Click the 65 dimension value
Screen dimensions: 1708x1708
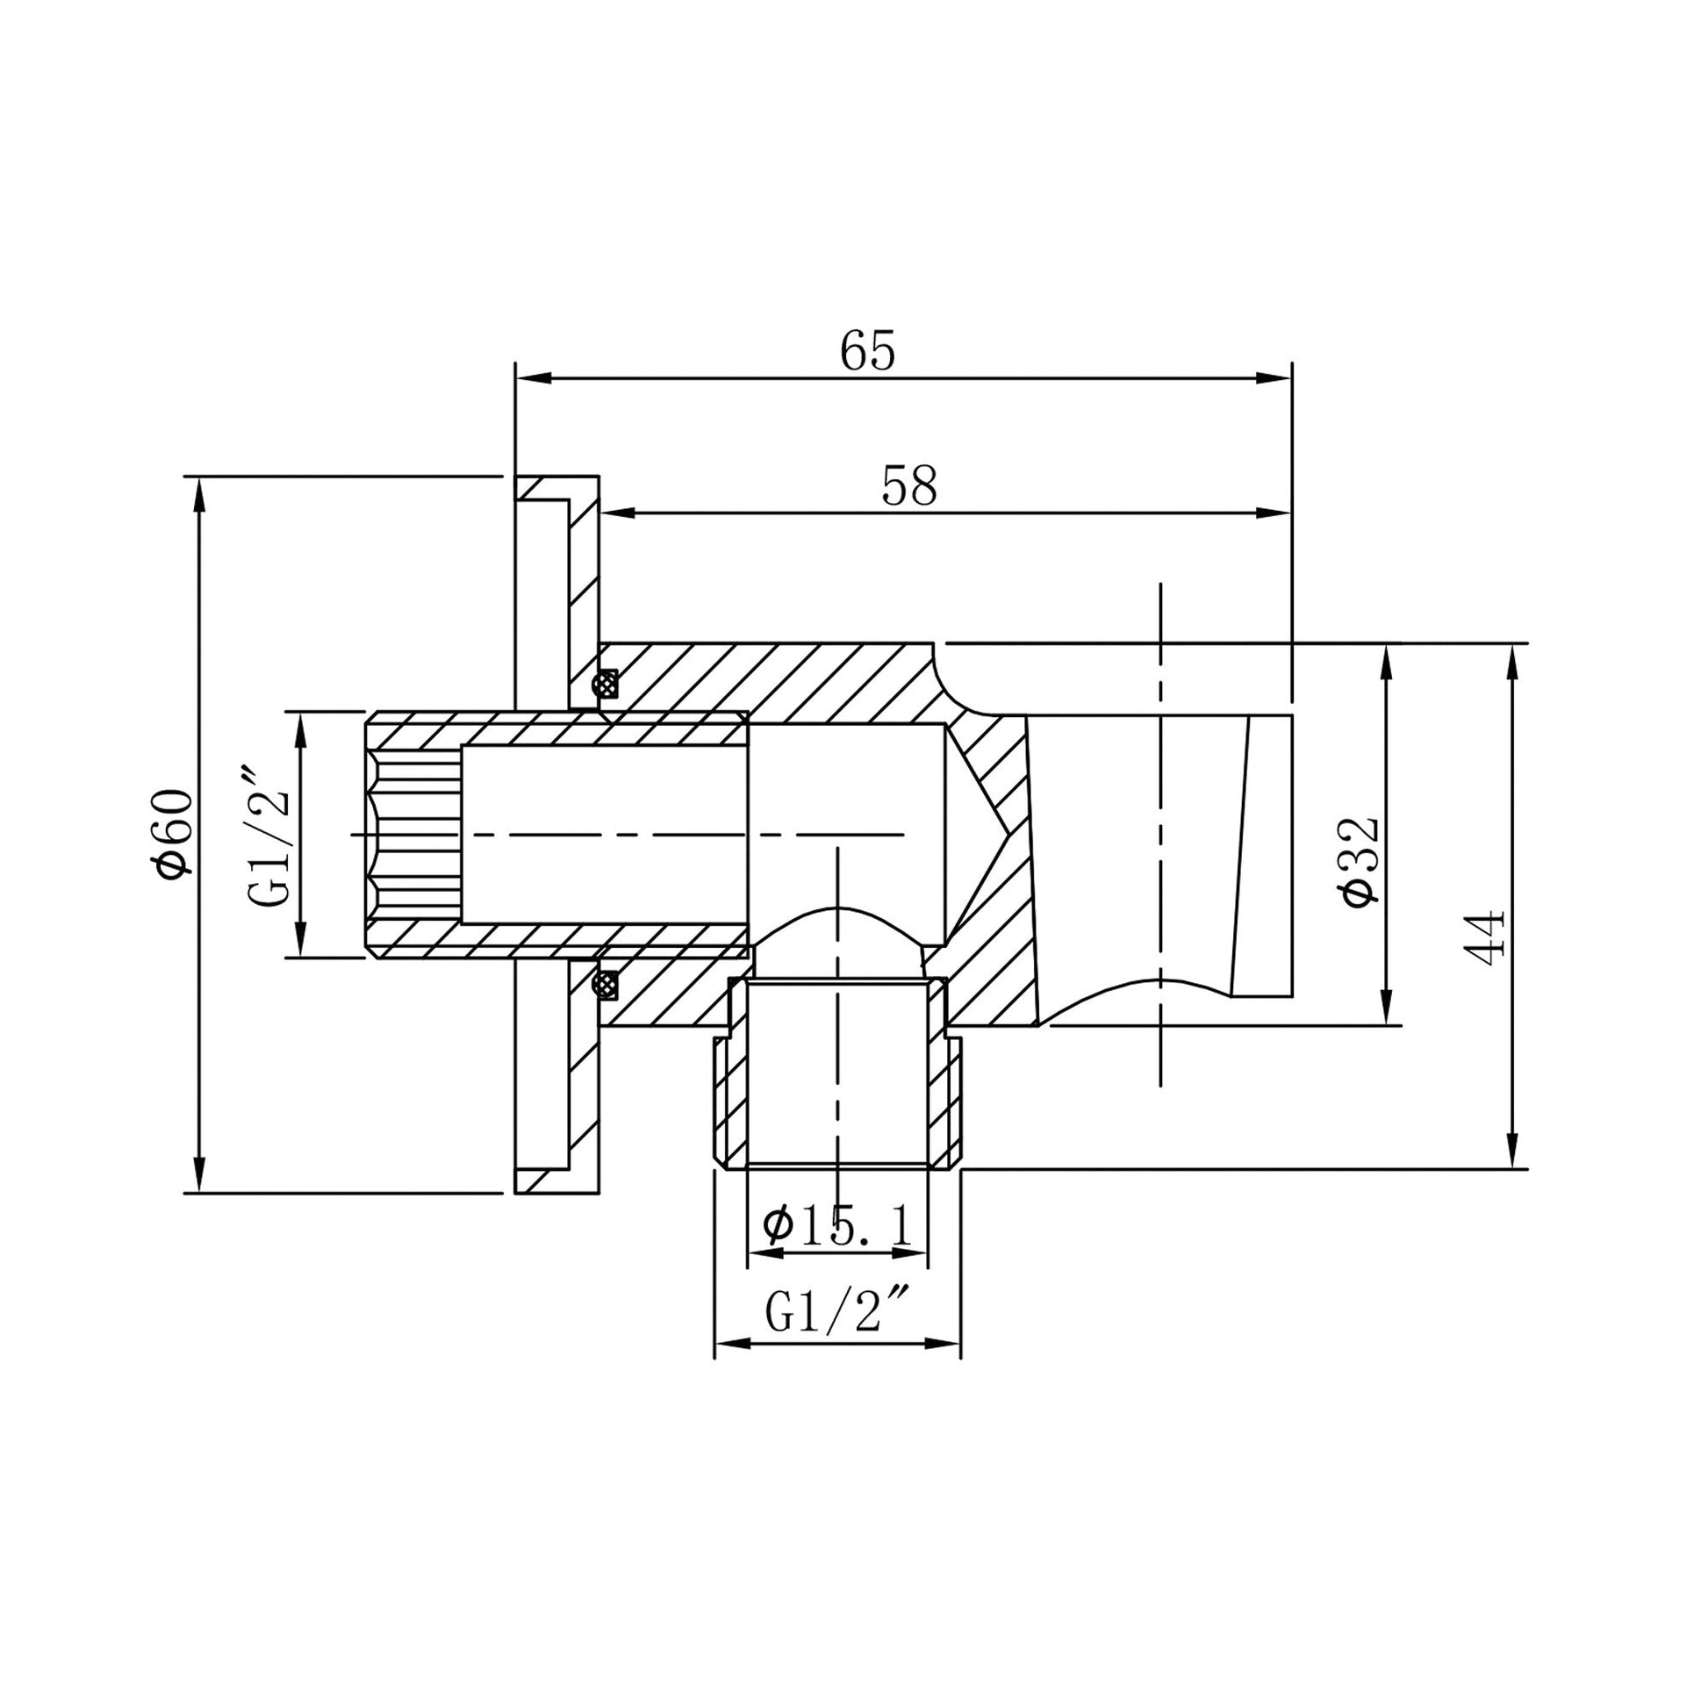tap(867, 351)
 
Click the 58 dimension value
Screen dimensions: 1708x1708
tap(908, 485)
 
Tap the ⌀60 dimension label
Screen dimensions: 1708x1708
tap(173, 835)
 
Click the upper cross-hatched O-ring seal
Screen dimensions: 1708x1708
tap(606, 683)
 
